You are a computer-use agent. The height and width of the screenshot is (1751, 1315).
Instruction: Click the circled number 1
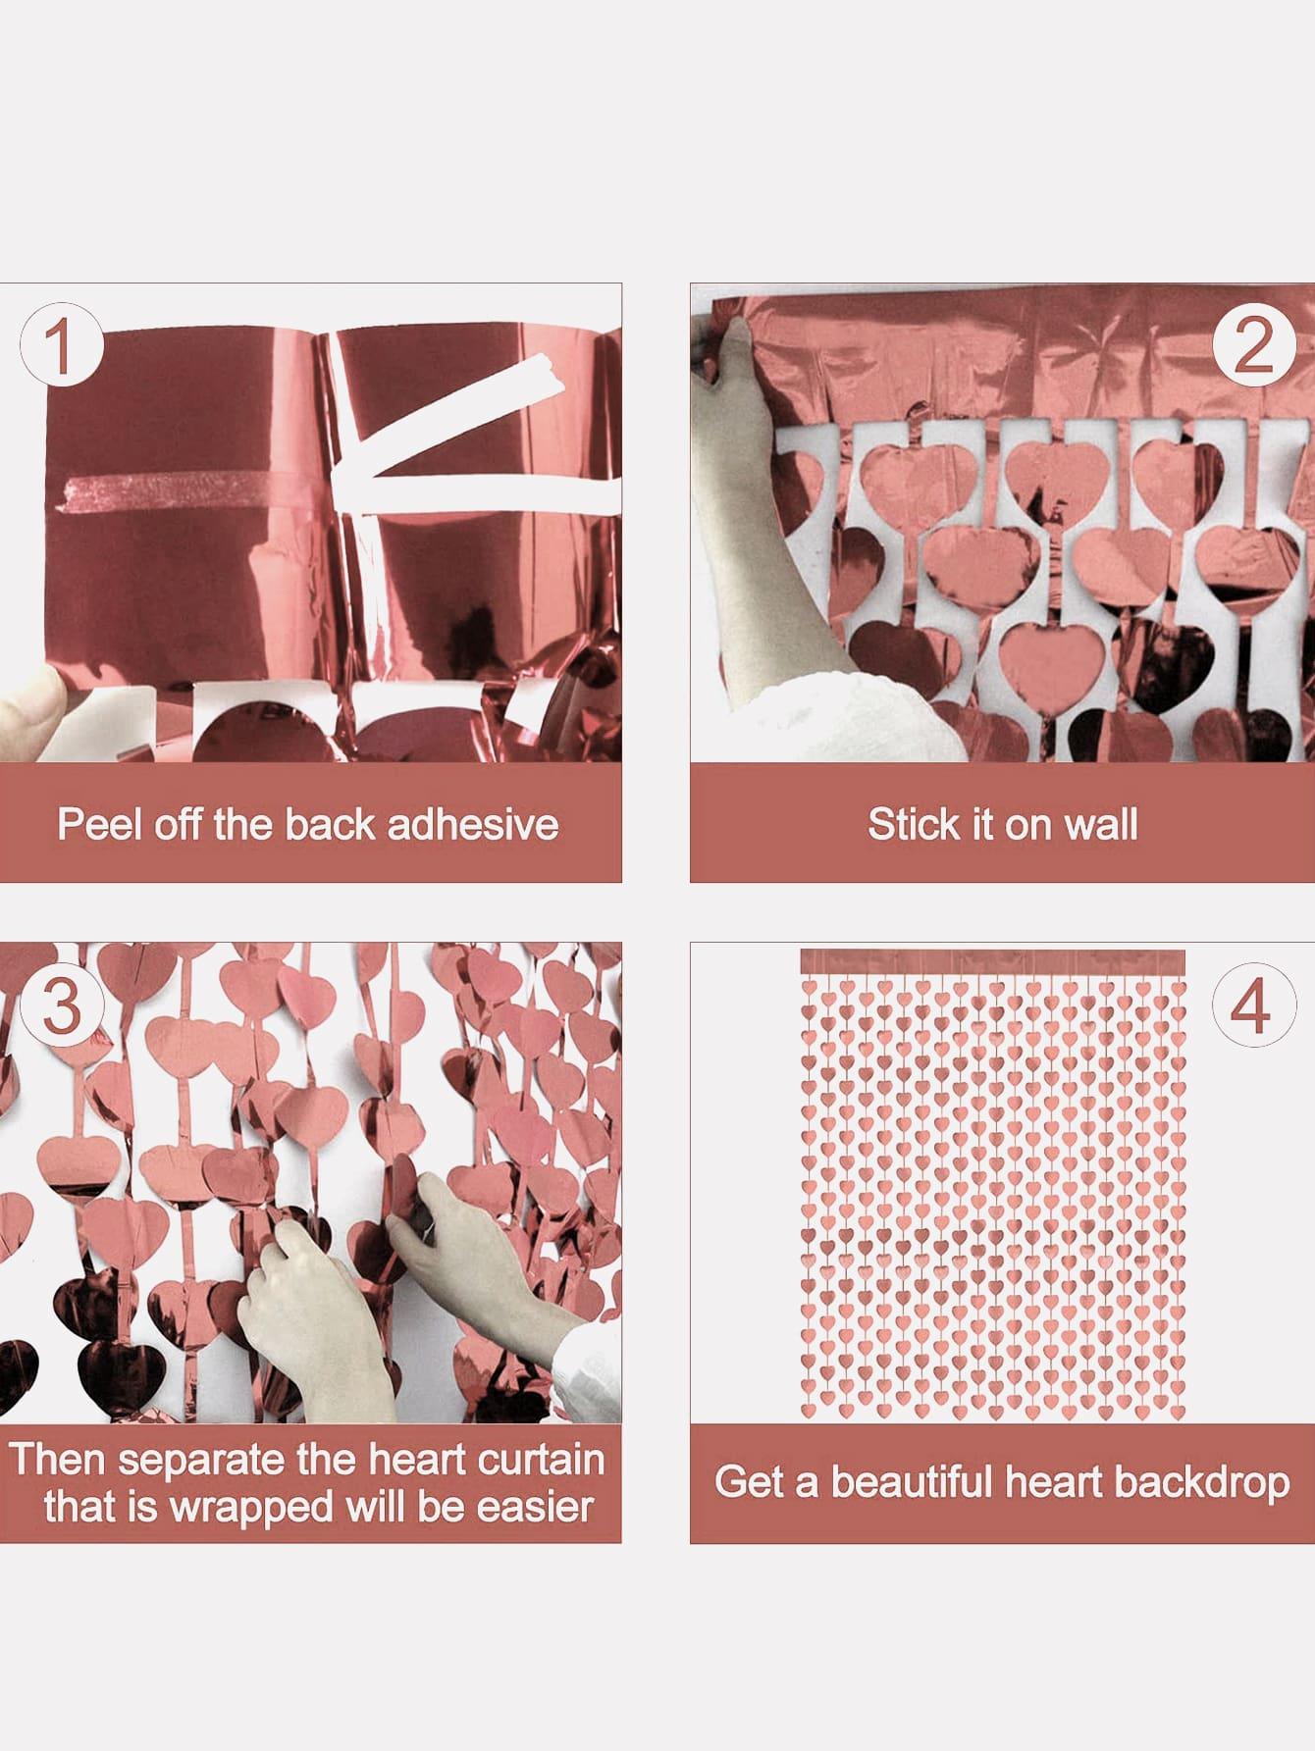61,343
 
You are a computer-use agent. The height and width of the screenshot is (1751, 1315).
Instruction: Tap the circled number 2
1251,343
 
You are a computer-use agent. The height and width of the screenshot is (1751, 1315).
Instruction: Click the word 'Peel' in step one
94,824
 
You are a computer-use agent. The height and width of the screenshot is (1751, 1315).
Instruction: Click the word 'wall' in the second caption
1101,824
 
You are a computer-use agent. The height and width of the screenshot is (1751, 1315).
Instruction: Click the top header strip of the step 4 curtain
992,962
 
